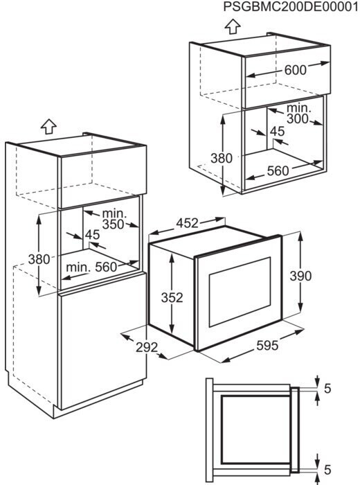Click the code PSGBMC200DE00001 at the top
(x=291, y=7)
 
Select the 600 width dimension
(x=296, y=70)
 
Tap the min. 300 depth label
(x=297, y=114)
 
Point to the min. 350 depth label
(x=114, y=219)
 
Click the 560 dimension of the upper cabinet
(x=278, y=170)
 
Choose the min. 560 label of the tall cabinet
(x=91, y=267)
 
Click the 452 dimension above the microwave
(x=187, y=223)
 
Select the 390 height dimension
(x=300, y=276)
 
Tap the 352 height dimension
(x=172, y=297)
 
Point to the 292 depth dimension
(x=147, y=347)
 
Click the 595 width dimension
(x=267, y=345)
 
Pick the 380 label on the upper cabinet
(x=222, y=159)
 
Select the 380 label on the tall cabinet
(x=39, y=259)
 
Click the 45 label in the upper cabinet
(x=277, y=132)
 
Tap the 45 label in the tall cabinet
(x=92, y=235)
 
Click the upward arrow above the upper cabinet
(x=233, y=26)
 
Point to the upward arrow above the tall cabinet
(x=48, y=127)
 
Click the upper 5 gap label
(x=327, y=389)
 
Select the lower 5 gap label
(x=327, y=470)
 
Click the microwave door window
(x=240, y=292)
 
